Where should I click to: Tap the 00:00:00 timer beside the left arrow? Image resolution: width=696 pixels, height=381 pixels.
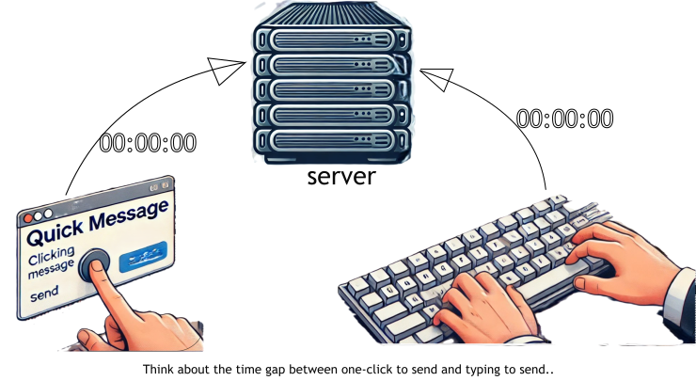point(148,143)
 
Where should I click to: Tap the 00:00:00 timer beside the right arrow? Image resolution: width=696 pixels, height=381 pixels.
point(565,119)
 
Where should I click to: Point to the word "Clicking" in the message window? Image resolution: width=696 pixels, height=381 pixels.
point(53,259)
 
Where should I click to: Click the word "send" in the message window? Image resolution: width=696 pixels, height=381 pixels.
point(44,294)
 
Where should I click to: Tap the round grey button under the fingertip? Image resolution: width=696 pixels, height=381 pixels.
point(94,265)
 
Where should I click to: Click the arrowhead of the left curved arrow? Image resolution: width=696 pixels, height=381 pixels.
point(224,69)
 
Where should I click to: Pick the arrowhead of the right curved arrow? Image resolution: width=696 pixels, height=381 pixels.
point(435,77)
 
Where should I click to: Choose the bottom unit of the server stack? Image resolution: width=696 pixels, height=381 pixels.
point(333,141)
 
